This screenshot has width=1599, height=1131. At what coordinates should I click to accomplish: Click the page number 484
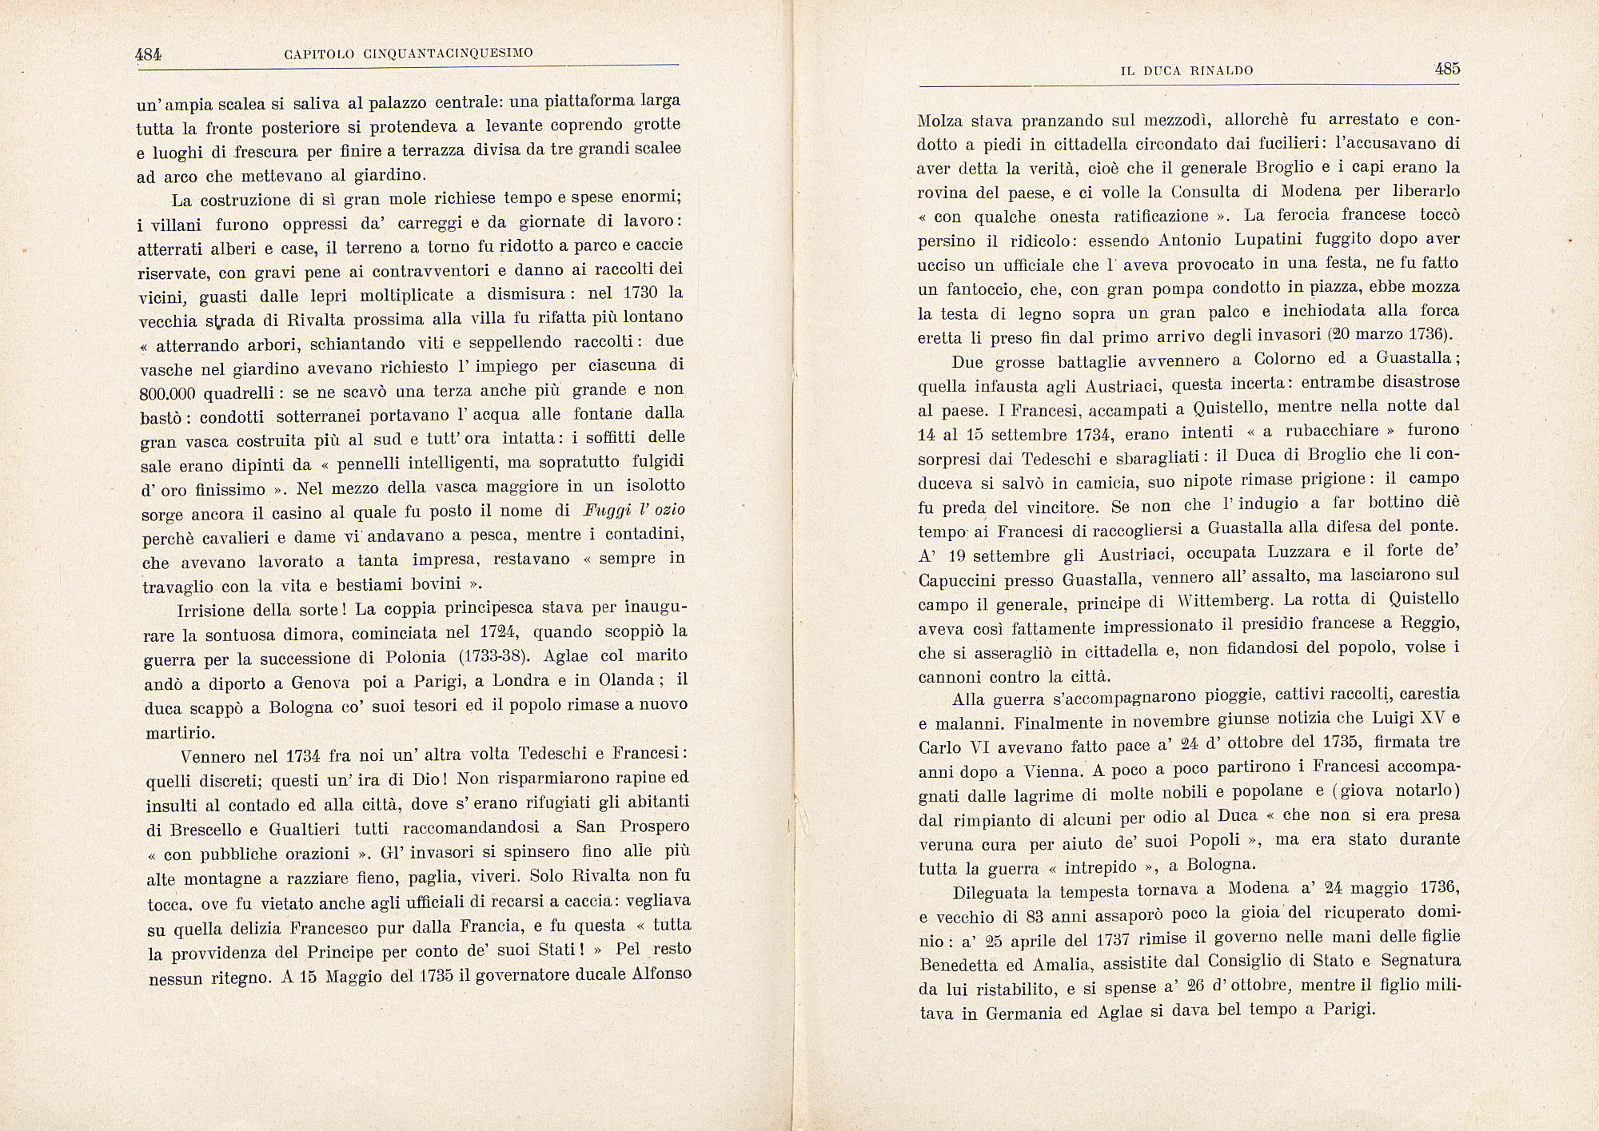(x=148, y=54)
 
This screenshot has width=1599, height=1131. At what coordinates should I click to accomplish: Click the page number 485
(x=1447, y=69)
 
